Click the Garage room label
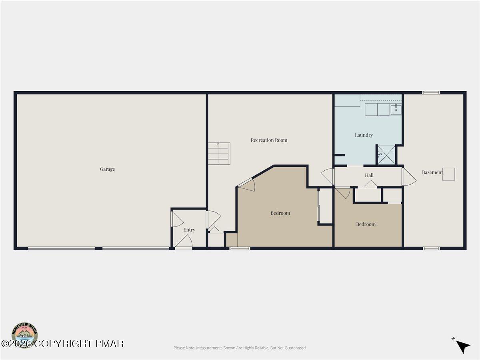[107, 169]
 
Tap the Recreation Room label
[269, 140]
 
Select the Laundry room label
[364, 135]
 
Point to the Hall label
[369, 175]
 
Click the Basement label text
[432, 172]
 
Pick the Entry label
[189, 230]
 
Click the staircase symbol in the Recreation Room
[219, 154]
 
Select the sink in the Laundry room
[396, 110]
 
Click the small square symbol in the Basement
[448, 174]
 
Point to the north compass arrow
[462, 346]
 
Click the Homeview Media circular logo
[25, 335]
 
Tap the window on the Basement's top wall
[431, 93]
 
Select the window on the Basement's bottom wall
[431, 248]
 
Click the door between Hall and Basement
[408, 177]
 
